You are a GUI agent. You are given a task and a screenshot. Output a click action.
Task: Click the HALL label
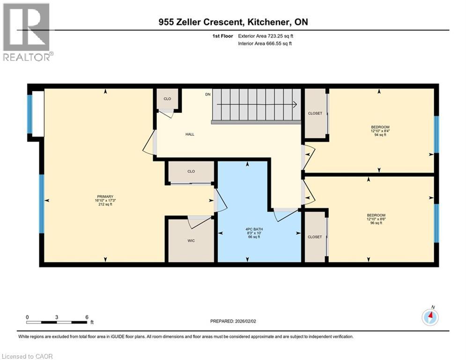[190, 134]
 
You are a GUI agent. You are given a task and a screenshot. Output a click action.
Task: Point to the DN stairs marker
[208, 94]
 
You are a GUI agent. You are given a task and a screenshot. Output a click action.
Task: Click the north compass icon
[430, 317]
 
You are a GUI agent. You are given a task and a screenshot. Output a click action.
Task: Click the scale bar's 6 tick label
[87, 317]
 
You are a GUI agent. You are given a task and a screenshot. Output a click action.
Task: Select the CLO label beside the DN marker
[167, 99]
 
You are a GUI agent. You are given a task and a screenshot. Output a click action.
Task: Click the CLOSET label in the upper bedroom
[315, 113]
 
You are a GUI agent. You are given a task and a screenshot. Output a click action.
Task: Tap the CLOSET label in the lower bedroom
[315, 237]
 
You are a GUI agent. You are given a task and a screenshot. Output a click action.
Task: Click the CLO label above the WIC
[191, 172]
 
